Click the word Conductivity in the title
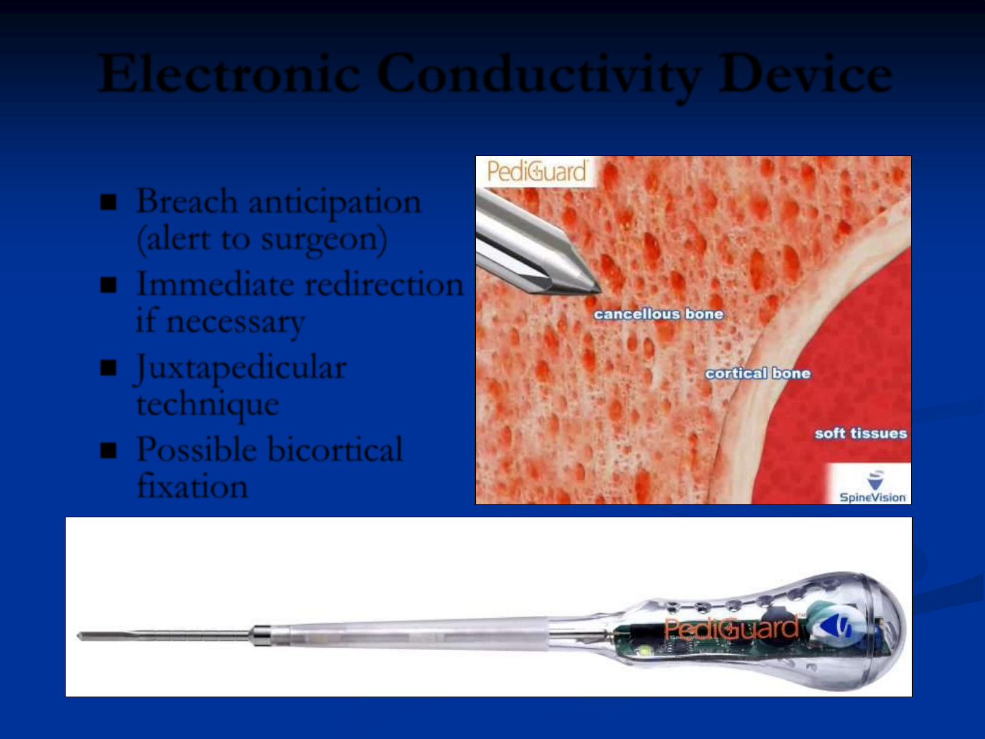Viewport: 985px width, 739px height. [x=539, y=76]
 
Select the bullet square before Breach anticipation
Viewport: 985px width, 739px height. [x=108, y=202]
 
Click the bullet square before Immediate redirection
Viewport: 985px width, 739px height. [x=108, y=285]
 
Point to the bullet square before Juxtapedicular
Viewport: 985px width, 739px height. [x=108, y=367]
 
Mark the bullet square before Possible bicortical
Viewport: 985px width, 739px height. [x=108, y=450]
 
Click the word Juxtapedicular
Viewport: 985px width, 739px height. [x=241, y=369]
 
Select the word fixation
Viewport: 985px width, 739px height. [x=192, y=486]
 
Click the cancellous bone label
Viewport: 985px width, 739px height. [x=659, y=314]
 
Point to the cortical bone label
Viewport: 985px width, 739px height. [x=758, y=374]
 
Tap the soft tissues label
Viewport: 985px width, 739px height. [x=861, y=433]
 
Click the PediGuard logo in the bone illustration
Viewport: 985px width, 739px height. [x=537, y=171]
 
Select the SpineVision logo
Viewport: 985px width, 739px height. [x=872, y=487]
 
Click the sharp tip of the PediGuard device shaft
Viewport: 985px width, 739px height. [x=79, y=636]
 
